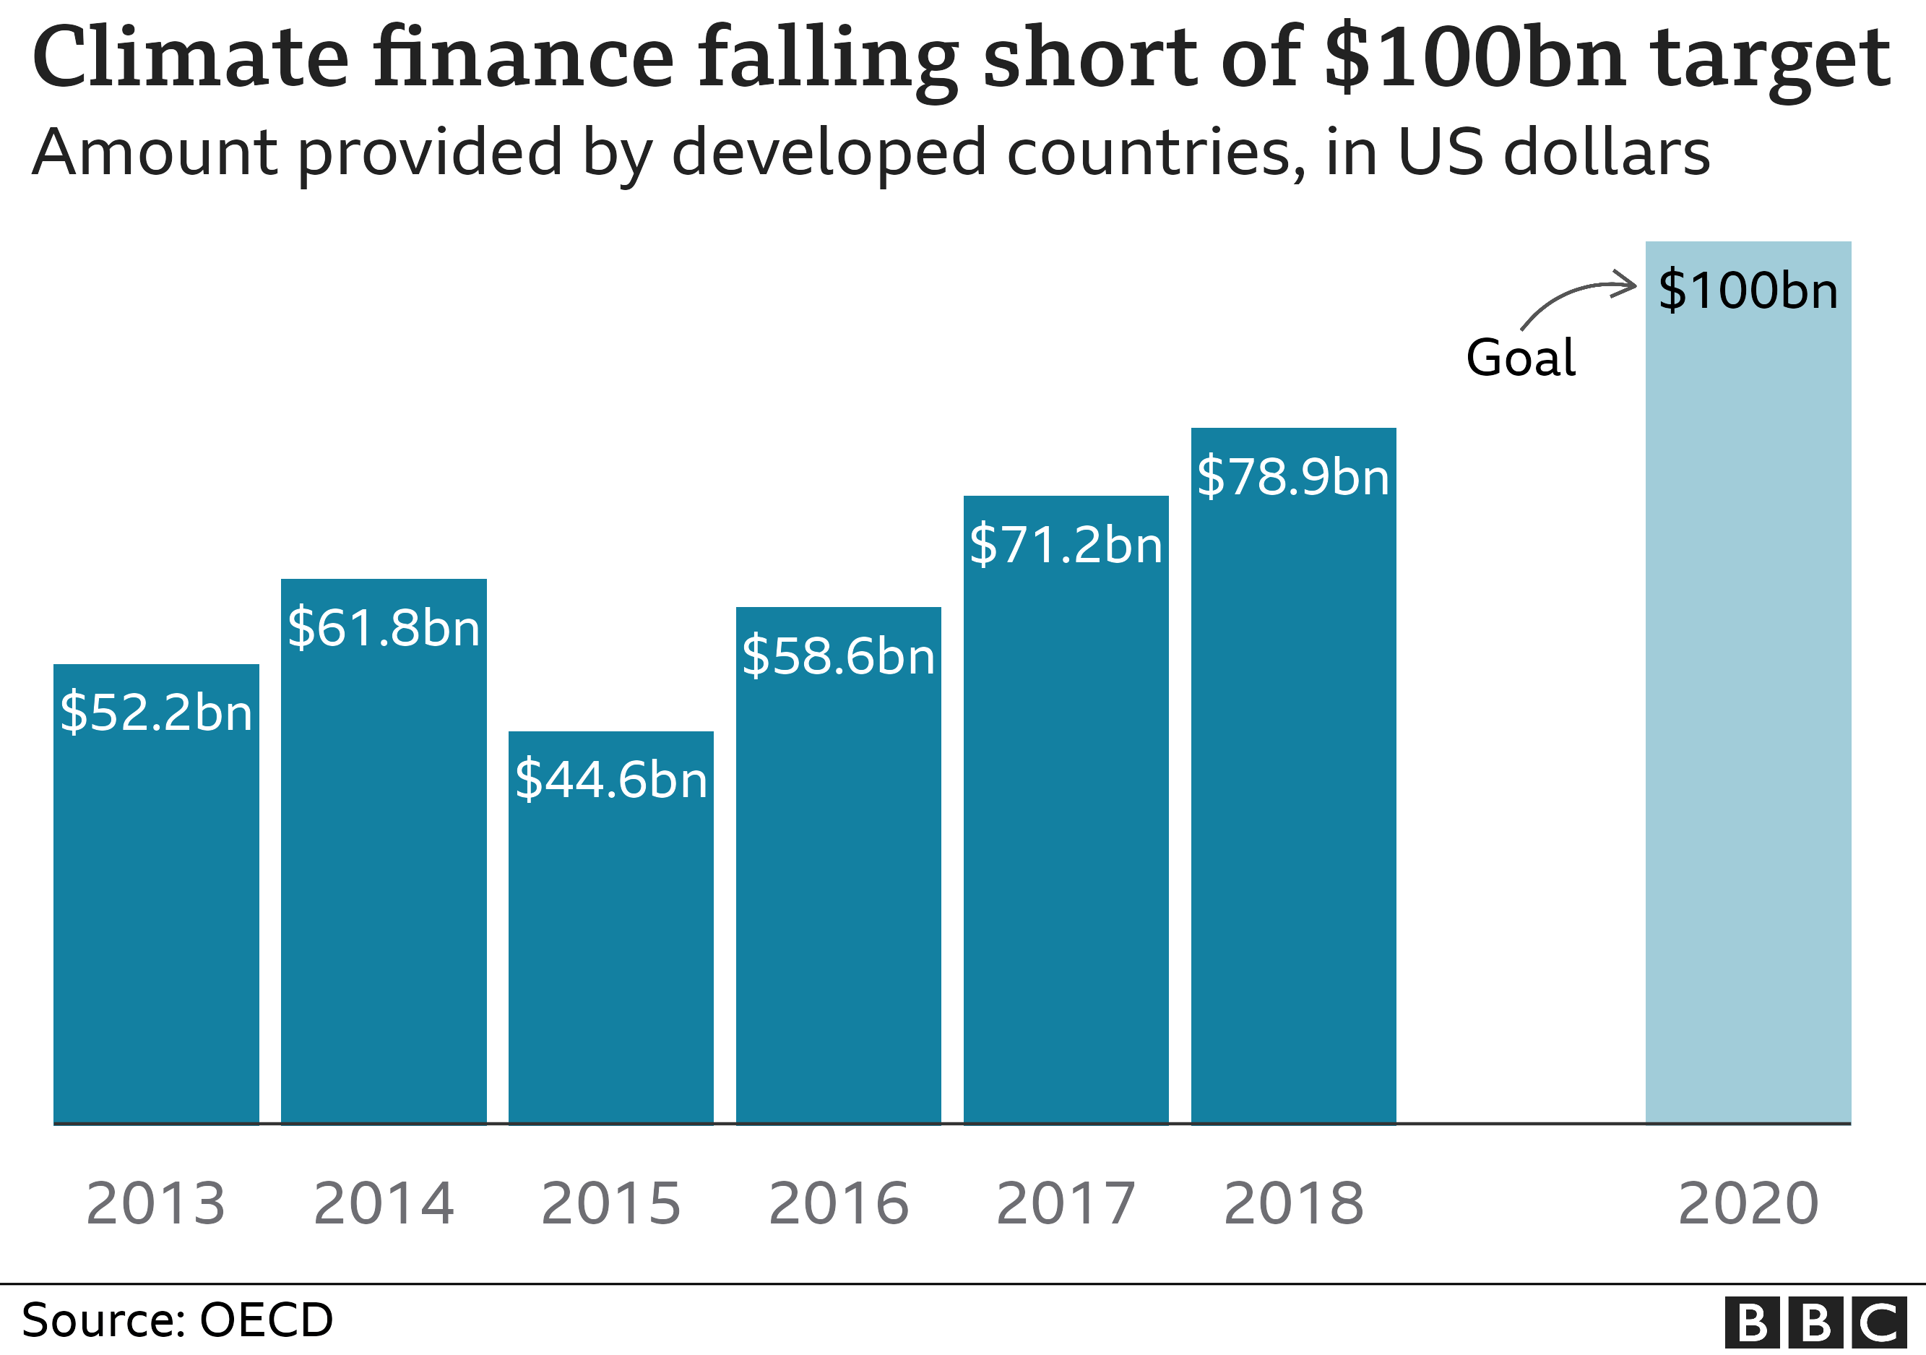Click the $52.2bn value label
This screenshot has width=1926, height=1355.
coord(156,713)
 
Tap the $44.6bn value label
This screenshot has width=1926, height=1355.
coord(610,780)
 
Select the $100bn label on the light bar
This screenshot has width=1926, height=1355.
coord(1748,291)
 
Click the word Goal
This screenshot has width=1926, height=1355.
coord(1520,358)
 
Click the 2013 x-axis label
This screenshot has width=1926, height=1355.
coord(156,1204)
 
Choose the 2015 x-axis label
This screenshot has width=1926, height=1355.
coord(610,1204)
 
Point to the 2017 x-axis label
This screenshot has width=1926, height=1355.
coord(1066,1204)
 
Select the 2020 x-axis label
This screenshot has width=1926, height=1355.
coord(1748,1204)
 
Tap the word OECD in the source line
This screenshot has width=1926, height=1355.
coord(266,1320)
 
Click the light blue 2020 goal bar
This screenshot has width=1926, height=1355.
coord(1748,713)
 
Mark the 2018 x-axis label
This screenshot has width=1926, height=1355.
coord(1292,1204)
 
